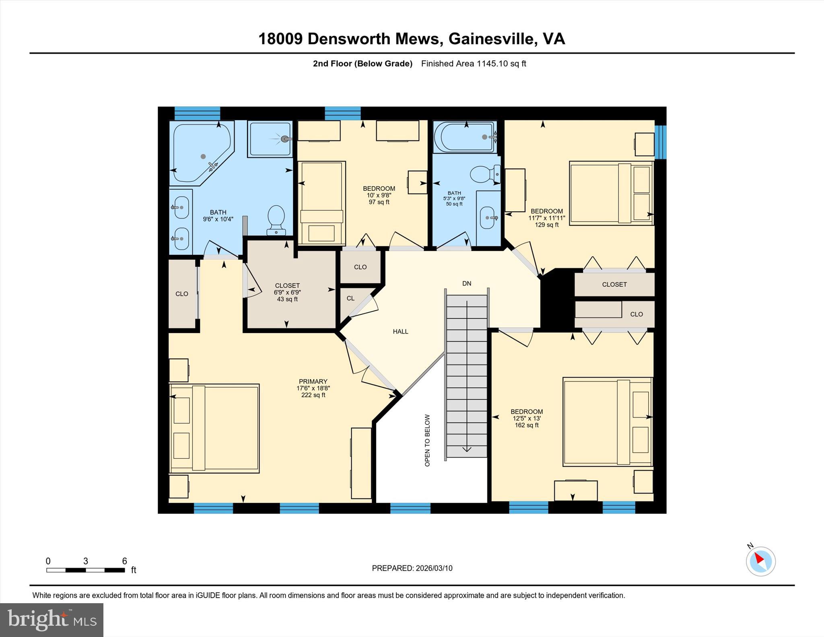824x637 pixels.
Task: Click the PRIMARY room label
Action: click(313, 381)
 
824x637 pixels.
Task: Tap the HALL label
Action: click(400, 332)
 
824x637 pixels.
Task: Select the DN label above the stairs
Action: click(466, 284)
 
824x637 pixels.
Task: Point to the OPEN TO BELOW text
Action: click(427, 440)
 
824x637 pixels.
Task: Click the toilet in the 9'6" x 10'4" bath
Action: click(276, 220)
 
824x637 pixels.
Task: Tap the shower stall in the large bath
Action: click(270, 139)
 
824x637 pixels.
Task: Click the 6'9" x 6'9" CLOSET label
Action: click(287, 286)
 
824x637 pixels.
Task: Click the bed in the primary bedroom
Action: click(214, 428)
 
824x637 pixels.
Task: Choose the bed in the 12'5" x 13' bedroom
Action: click(607, 422)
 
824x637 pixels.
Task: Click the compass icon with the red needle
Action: click(760, 561)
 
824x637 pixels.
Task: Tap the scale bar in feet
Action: click(85, 570)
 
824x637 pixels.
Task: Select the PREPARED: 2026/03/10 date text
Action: click(412, 568)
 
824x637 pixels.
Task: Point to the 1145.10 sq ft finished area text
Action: click(501, 64)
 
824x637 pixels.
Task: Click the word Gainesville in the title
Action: click(493, 39)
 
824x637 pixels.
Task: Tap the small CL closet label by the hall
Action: click(350, 298)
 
